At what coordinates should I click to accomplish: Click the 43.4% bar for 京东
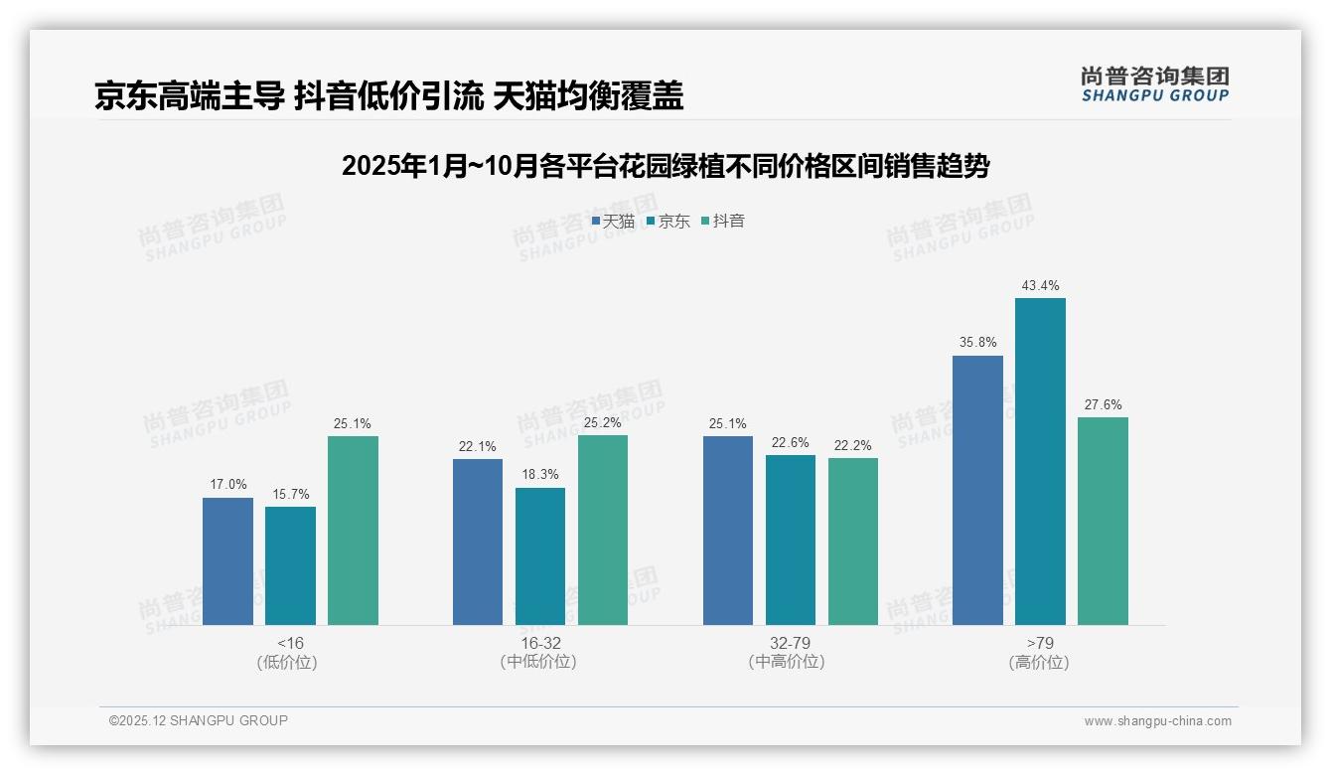coord(1040,461)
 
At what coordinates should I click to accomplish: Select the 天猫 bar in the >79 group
coord(977,490)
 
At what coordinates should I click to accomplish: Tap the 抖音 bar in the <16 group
coord(353,531)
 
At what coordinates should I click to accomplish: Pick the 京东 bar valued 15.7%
coord(290,565)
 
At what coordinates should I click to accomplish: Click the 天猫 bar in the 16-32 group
coord(478,542)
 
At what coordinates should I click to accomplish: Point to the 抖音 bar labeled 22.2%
coord(853,542)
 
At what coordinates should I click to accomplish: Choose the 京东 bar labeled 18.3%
coord(540,556)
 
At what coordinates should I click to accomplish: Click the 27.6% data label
coord(1103,405)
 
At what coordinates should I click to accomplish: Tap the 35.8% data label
coord(977,343)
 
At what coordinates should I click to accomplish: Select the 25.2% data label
coord(603,423)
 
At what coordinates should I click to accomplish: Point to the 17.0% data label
coord(227,485)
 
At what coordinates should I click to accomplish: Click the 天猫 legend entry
coord(613,222)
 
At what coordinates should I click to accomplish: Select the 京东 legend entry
coord(668,222)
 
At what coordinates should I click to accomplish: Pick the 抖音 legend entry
coord(723,222)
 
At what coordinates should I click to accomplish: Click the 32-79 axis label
coord(790,643)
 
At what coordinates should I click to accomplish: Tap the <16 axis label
coord(291,643)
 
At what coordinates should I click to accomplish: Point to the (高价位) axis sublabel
coord(1039,663)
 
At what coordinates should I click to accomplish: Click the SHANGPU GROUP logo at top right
coord(1154,84)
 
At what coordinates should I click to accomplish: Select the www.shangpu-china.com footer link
coord(1157,721)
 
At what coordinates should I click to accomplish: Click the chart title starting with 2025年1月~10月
coord(665,166)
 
